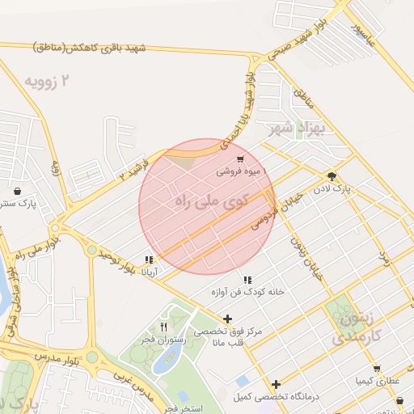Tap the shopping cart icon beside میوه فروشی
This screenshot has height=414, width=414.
[x=240, y=160]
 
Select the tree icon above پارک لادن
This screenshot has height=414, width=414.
[x=332, y=176]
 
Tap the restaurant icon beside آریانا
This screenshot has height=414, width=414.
[x=149, y=260]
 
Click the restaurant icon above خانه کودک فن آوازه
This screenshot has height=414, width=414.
[x=247, y=280]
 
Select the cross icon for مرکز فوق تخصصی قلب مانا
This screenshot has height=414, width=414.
[x=227, y=319]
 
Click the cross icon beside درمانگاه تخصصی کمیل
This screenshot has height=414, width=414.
[x=277, y=384]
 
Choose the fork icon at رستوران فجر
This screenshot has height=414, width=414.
[x=164, y=327]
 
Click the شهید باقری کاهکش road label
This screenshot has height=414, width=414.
[x=89, y=49]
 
